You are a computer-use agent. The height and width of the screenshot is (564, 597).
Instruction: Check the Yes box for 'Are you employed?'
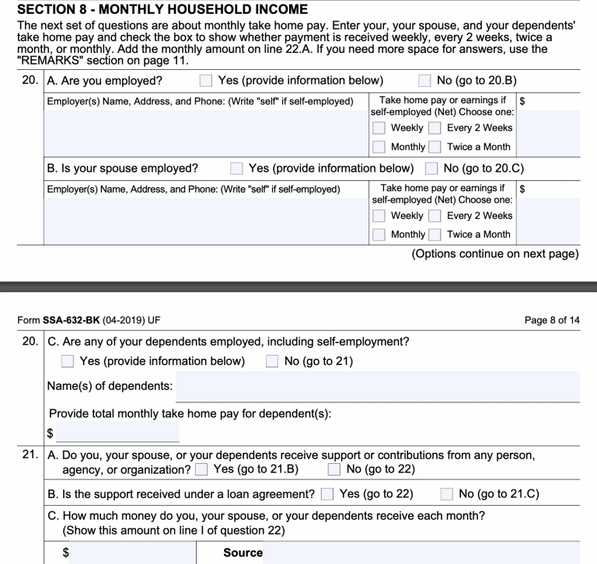coord(205,80)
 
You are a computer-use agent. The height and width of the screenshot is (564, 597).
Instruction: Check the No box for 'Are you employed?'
coord(424,80)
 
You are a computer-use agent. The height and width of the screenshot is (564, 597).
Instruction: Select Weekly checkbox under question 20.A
coord(379,127)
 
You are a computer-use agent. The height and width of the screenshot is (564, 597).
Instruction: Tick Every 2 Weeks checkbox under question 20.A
coord(435,127)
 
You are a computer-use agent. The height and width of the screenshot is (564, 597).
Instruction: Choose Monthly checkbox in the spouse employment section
coord(379,234)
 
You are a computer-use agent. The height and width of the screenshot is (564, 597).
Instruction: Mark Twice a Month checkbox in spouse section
coord(435,234)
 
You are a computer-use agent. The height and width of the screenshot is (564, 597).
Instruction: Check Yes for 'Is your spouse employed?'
coord(236,168)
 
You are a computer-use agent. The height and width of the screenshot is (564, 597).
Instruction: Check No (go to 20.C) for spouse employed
coord(431,168)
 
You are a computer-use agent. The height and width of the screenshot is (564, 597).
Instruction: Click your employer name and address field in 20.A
coord(207,131)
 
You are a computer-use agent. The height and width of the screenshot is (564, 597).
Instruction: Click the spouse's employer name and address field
coord(207,219)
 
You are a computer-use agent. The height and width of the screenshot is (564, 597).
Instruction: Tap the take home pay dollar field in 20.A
coord(547,131)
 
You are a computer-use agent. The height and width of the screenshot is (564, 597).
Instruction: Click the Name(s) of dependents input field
coord(378,386)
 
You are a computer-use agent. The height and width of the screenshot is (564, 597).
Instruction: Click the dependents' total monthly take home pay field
coord(117,433)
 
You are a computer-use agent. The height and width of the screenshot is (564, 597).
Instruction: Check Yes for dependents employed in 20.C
coord(68,360)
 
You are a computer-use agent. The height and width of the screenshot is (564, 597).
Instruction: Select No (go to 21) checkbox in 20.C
coord(273,360)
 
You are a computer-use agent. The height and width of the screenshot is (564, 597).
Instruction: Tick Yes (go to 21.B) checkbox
coord(202,468)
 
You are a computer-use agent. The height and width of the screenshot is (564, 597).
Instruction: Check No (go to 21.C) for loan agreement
coord(447,494)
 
